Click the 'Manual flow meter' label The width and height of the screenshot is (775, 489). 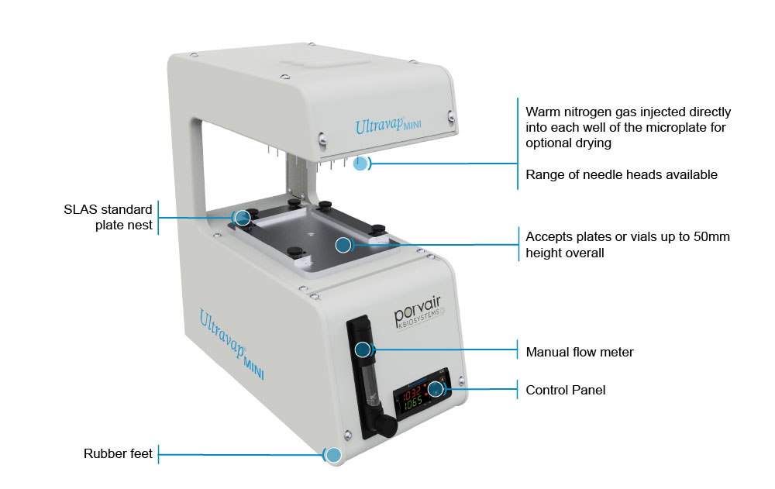tap(579, 352)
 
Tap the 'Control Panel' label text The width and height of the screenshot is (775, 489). tap(566, 390)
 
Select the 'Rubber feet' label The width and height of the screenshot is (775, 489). tap(118, 453)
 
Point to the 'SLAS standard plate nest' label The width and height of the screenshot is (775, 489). tap(108, 217)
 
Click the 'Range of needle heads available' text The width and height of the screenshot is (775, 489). tap(622, 174)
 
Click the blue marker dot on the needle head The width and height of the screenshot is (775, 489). tap(360, 164)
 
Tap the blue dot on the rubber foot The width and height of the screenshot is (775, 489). tap(334, 455)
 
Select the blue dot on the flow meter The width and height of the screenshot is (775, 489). tap(363, 350)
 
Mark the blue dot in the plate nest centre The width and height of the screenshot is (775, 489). tap(343, 244)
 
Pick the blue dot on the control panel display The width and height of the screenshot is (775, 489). tap(436, 388)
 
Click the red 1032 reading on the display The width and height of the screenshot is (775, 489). tap(412, 394)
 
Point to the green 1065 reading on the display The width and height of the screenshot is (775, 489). tap(413, 403)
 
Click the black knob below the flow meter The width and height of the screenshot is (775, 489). tap(386, 425)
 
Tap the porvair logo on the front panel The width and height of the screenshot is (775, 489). tap(418, 312)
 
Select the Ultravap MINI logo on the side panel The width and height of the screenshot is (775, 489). tap(231, 343)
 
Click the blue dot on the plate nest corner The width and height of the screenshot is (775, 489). tap(242, 218)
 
